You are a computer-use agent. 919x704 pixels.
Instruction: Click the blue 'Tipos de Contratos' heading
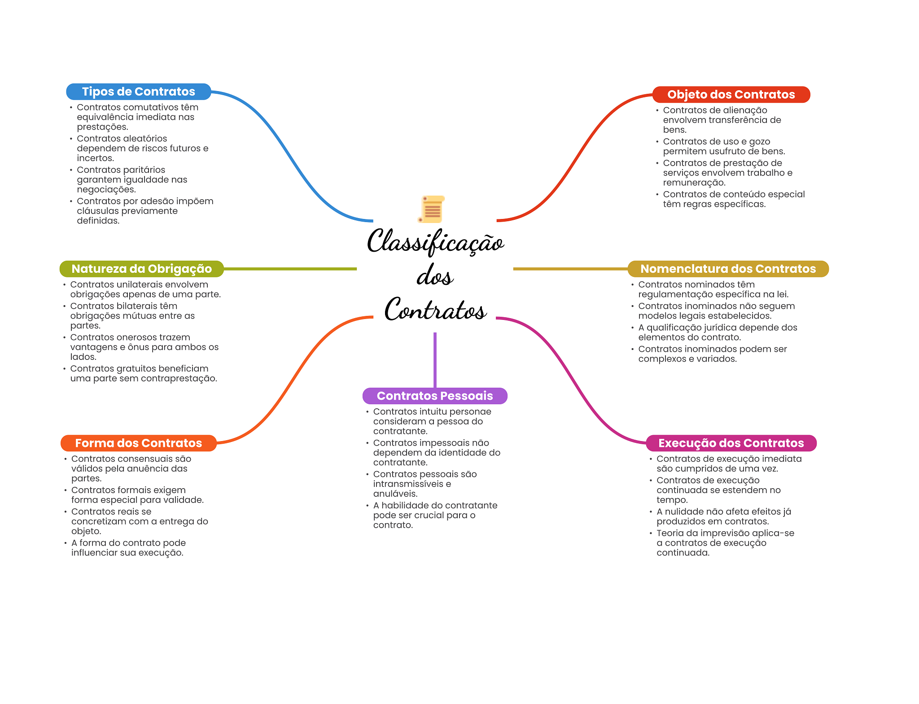click(138, 92)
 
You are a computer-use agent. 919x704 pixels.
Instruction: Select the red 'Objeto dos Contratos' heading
click(731, 95)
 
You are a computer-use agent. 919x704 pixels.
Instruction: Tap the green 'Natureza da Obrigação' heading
click(141, 269)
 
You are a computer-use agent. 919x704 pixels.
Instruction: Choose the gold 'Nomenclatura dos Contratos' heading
click(728, 269)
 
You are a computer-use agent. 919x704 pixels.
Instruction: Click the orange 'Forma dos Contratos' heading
click(138, 443)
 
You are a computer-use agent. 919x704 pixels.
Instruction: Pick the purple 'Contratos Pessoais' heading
click(434, 396)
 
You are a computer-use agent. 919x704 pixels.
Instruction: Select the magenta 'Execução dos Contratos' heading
click(731, 443)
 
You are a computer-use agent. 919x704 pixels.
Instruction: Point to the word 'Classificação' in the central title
click(435, 241)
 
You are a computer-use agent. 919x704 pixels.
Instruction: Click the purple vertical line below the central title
click(435, 359)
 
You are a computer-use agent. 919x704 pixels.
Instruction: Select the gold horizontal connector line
click(570, 269)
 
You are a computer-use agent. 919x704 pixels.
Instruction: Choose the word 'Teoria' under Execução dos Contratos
click(670, 533)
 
